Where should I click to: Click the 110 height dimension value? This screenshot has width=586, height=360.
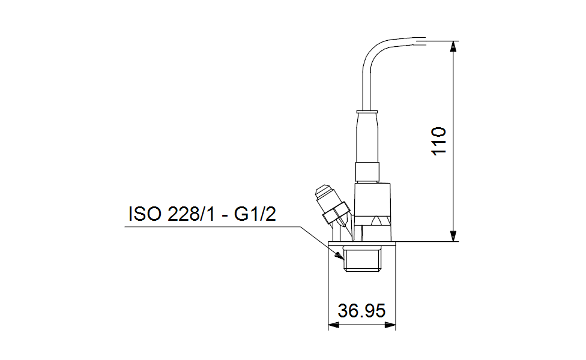440,141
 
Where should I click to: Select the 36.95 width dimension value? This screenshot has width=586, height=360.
361,311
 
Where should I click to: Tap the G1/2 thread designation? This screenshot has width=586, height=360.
255,214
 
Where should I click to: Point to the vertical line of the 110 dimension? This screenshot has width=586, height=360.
453,180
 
